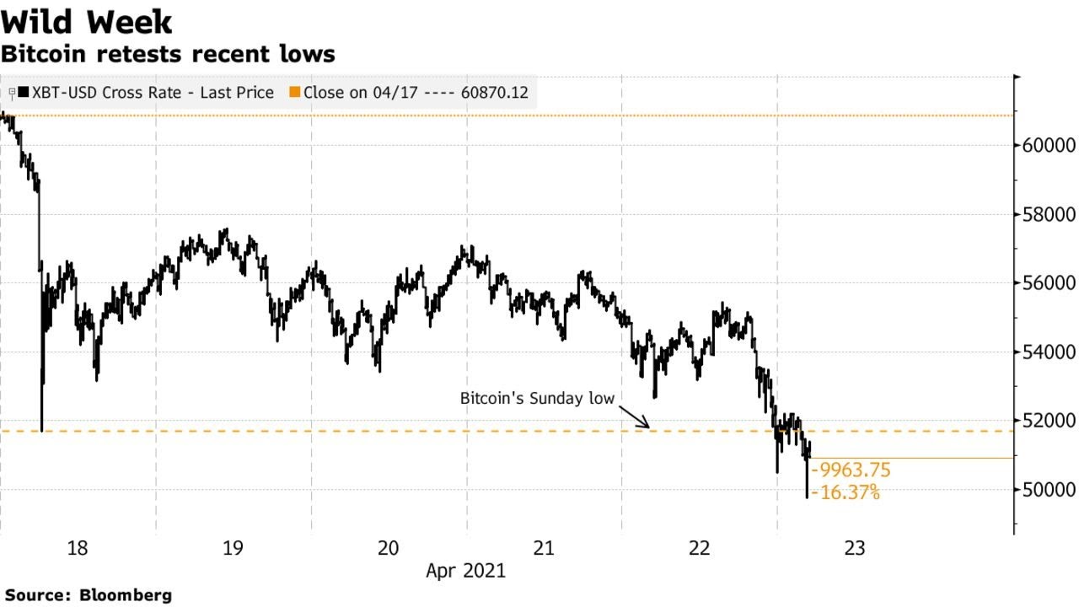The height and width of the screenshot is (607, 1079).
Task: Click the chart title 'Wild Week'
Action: [87, 21]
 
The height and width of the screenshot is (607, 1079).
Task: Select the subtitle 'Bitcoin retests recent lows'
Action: [168, 55]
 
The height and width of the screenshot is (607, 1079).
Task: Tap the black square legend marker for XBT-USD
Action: [23, 93]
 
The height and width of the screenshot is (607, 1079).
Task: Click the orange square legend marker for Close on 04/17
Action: [294, 93]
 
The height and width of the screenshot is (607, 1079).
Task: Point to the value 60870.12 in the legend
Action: [495, 93]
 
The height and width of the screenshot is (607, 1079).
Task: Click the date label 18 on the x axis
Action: [77, 549]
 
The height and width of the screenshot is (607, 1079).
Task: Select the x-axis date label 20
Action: [388, 549]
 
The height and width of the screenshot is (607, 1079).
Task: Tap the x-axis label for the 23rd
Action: [854, 549]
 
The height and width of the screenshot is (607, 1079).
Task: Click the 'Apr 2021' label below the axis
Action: [465, 571]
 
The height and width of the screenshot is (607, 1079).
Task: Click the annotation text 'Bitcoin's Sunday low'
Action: [537, 398]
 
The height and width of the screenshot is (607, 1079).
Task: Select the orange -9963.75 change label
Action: [850, 470]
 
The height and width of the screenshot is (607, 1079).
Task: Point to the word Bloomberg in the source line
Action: [126, 595]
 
